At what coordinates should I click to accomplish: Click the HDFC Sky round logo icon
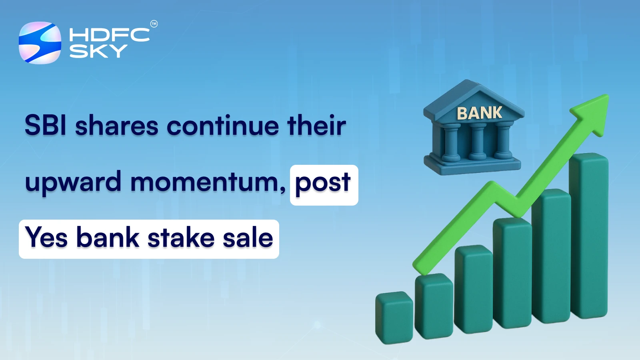[x=40, y=43]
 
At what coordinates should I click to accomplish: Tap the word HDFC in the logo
[x=109, y=35]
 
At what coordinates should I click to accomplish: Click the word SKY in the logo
[x=98, y=51]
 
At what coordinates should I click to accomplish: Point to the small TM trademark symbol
[x=154, y=24]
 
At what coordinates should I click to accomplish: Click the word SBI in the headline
[x=45, y=126]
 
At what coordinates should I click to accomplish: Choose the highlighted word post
[x=323, y=183]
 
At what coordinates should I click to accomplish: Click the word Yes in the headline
[x=46, y=238]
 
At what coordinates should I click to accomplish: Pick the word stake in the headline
[x=181, y=238]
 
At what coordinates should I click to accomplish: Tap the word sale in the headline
[x=248, y=238]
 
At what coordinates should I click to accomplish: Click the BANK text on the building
[x=479, y=113]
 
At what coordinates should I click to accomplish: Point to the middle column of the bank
[x=477, y=142]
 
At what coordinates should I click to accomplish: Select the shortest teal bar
[x=394, y=318]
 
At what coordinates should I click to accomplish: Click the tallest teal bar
[x=589, y=236]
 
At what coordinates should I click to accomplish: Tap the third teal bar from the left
[x=473, y=290]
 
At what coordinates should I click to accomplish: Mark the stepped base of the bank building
[x=472, y=165]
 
